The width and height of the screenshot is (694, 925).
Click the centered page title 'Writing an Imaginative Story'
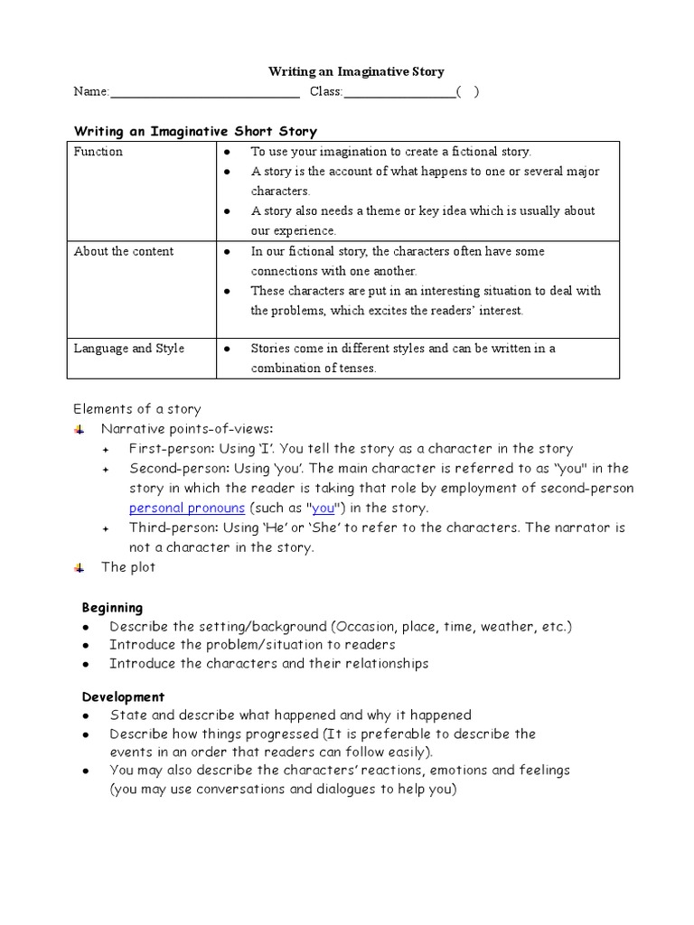pyautogui.click(x=356, y=71)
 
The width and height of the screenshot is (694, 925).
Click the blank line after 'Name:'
pyautogui.click(x=204, y=93)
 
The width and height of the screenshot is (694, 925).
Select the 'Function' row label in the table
pyautogui.click(x=98, y=152)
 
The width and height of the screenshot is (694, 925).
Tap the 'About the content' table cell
pyautogui.click(x=124, y=251)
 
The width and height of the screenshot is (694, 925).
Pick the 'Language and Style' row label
pyautogui.click(x=129, y=349)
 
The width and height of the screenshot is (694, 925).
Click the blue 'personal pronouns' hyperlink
pyautogui.click(x=187, y=508)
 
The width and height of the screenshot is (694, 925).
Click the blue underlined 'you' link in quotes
pyautogui.click(x=323, y=508)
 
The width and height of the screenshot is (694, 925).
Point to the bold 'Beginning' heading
pyautogui.click(x=112, y=607)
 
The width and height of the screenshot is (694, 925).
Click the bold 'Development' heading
pyautogui.click(x=123, y=696)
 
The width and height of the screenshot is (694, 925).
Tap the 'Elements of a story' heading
pyautogui.click(x=137, y=409)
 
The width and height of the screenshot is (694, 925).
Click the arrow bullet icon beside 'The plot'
pyautogui.click(x=80, y=567)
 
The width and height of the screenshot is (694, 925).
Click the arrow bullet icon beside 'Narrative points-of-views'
pyautogui.click(x=80, y=429)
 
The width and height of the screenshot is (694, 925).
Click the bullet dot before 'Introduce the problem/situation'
pyautogui.click(x=85, y=645)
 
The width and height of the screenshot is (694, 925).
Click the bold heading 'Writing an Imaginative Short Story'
pyautogui.click(x=195, y=132)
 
